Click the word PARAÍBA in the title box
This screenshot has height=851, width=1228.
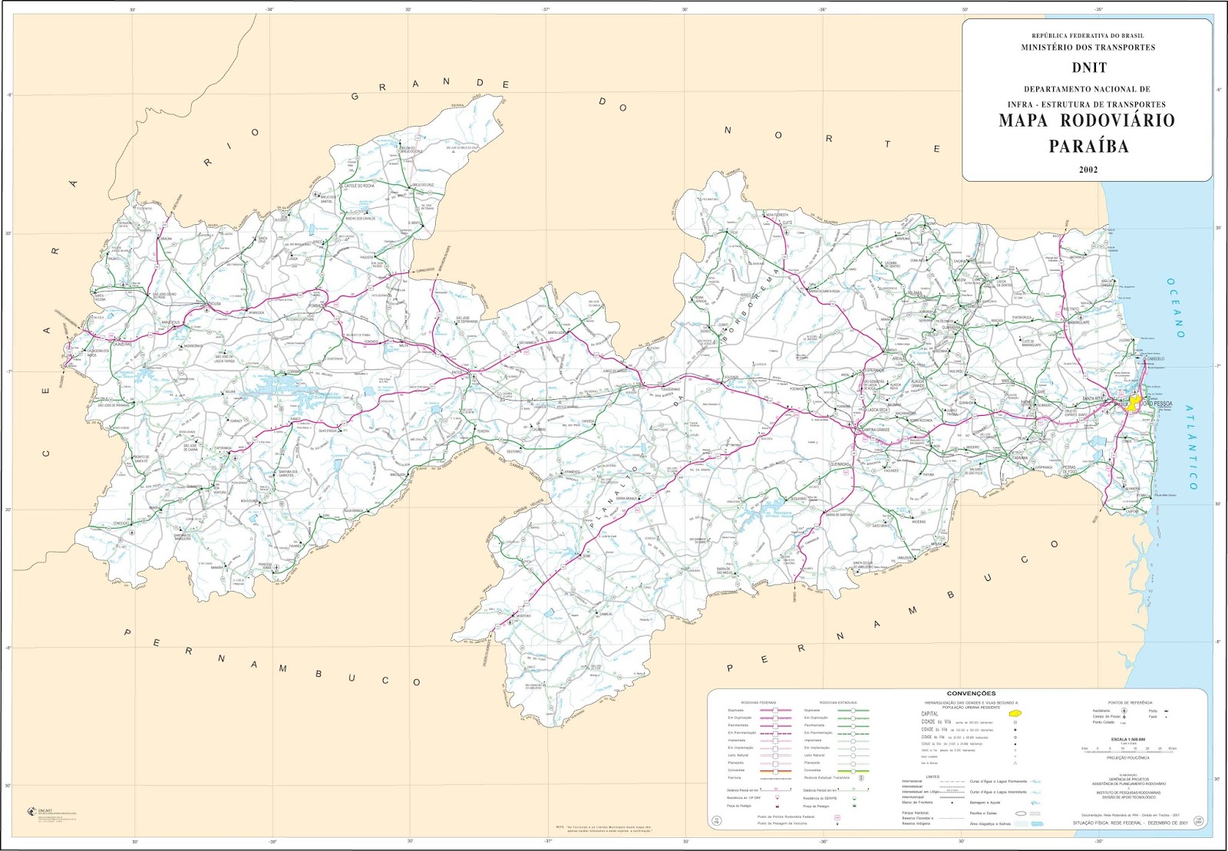(x=1088, y=146)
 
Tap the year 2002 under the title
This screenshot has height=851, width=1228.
(x=1088, y=170)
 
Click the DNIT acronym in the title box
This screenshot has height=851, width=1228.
(x=1089, y=68)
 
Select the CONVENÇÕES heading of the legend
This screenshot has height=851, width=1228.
(x=971, y=694)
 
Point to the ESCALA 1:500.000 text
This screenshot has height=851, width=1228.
(x=1127, y=739)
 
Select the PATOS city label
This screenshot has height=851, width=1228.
(x=460, y=371)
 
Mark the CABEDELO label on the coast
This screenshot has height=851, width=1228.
(x=1154, y=358)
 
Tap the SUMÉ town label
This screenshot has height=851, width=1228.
(x=587, y=556)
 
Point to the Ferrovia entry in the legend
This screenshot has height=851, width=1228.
(x=734, y=777)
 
